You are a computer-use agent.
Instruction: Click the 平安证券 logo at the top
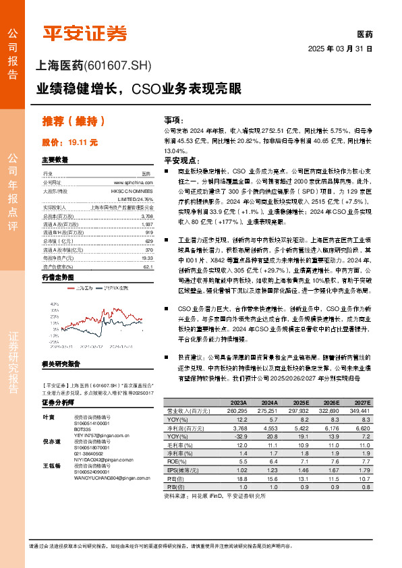(x=84, y=32)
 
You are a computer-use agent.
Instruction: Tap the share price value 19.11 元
(x=84, y=142)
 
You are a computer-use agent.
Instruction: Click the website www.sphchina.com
(x=139, y=182)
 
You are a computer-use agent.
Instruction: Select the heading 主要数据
(x=55, y=160)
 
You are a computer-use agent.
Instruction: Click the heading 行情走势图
(x=57, y=277)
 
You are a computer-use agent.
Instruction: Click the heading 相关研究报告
(x=61, y=364)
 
